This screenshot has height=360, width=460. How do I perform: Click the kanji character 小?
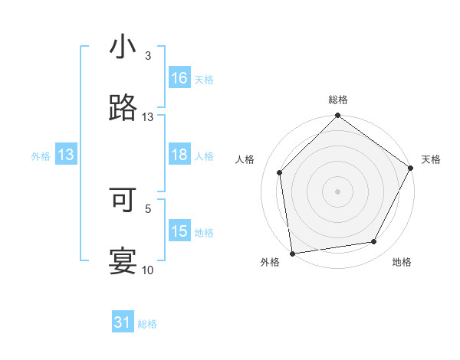123,47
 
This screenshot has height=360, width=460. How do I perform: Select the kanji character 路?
123,109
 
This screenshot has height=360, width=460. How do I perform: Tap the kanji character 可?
123,199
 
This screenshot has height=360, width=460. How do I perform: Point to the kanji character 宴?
123,261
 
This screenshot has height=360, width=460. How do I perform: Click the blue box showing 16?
179,78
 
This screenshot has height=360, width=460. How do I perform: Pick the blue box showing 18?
179,155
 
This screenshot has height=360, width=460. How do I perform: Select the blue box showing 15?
179,231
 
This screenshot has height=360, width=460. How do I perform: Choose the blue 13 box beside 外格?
66,155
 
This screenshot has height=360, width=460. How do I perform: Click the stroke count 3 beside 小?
148,56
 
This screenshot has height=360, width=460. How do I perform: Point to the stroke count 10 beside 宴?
148,270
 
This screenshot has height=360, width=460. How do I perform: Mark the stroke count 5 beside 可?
148,208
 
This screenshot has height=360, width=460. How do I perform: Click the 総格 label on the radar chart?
337,100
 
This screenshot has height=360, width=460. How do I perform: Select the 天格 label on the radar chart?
431,159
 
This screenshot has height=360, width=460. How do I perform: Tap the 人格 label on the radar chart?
245,159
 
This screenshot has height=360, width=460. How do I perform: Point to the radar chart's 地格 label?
402,263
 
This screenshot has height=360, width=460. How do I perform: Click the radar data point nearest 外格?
292,253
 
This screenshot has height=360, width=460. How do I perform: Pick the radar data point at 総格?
337,116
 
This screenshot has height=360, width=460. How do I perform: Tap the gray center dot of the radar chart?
337,191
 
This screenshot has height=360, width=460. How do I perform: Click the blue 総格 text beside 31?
147,324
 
